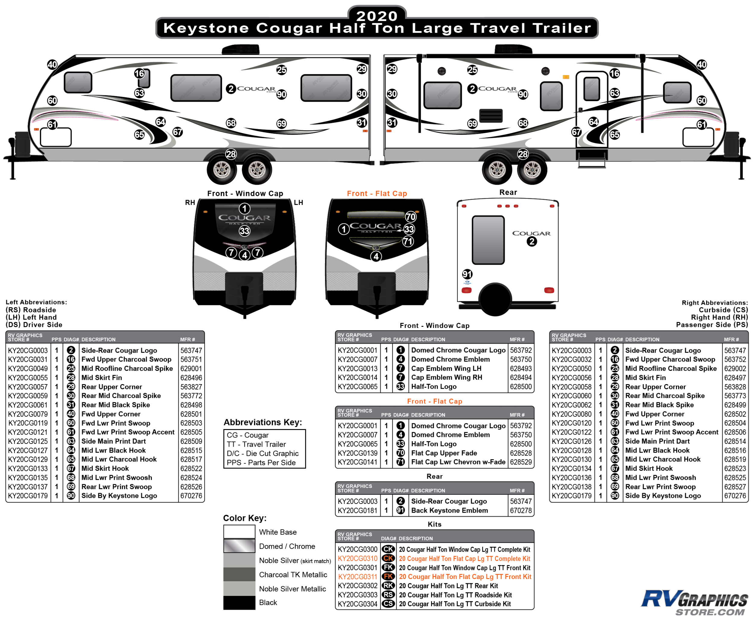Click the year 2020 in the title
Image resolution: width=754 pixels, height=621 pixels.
point(376,16)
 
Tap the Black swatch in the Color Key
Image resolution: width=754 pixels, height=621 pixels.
point(239,602)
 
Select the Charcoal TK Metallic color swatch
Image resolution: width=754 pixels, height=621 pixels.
point(239,575)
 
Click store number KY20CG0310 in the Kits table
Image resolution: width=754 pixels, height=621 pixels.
point(357,559)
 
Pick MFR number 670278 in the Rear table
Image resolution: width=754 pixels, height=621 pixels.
point(521,511)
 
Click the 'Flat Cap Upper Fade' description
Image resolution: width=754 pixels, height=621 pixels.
point(444,453)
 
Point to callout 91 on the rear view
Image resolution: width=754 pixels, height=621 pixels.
point(467,274)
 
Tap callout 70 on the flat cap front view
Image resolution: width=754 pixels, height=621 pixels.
point(410,216)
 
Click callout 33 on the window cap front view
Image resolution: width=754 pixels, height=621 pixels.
point(245,231)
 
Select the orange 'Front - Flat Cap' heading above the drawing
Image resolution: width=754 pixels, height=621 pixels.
point(377,193)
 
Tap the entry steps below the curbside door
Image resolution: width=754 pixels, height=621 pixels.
point(592,159)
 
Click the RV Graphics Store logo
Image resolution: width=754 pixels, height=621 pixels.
point(694,603)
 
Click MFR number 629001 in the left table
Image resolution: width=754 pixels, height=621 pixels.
point(191,368)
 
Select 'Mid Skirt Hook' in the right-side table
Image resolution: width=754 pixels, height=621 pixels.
point(648,468)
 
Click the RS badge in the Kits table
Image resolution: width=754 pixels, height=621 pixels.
point(388,594)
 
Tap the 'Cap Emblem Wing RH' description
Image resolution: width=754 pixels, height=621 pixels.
point(446,377)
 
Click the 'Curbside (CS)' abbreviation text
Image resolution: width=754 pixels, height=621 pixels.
point(723,310)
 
